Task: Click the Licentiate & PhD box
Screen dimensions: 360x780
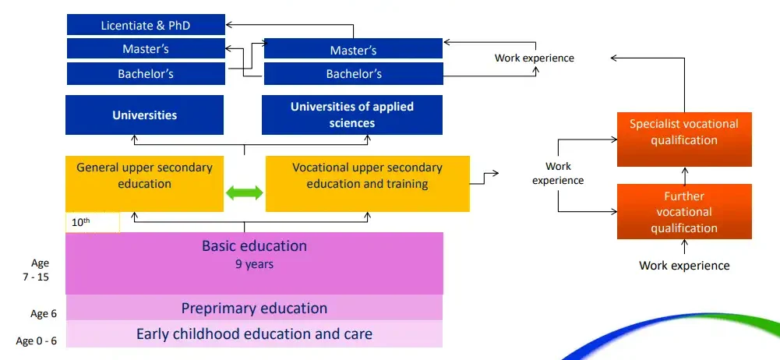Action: pyautogui.click(x=145, y=25)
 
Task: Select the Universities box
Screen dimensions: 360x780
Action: pyautogui.click(x=145, y=115)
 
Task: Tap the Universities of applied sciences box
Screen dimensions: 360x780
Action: pyautogui.click(x=352, y=115)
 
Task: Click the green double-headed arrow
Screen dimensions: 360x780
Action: pyautogui.click(x=245, y=192)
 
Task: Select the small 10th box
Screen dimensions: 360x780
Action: pyautogui.click(x=92, y=222)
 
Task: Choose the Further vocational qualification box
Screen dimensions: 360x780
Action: pyautogui.click(x=684, y=211)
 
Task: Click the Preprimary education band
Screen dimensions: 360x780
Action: pyautogui.click(x=254, y=308)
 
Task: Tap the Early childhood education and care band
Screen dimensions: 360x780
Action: pyautogui.click(x=254, y=334)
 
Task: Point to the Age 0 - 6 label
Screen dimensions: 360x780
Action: pyautogui.click(x=37, y=341)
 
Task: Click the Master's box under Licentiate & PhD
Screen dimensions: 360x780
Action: pyautogui.click(x=145, y=49)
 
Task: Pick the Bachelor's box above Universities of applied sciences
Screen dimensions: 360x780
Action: pyautogui.click(x=353, y=75)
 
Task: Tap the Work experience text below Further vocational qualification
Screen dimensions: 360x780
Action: pyautogui.click(x=684, y=266)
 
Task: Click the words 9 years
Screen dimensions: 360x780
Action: pyautogui.click(x=254, y=264)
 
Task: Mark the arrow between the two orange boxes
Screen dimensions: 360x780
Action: pyautogui.click(x=684, y=175)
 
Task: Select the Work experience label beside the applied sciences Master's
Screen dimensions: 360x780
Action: pyautogui.click(x=535, y=58)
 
